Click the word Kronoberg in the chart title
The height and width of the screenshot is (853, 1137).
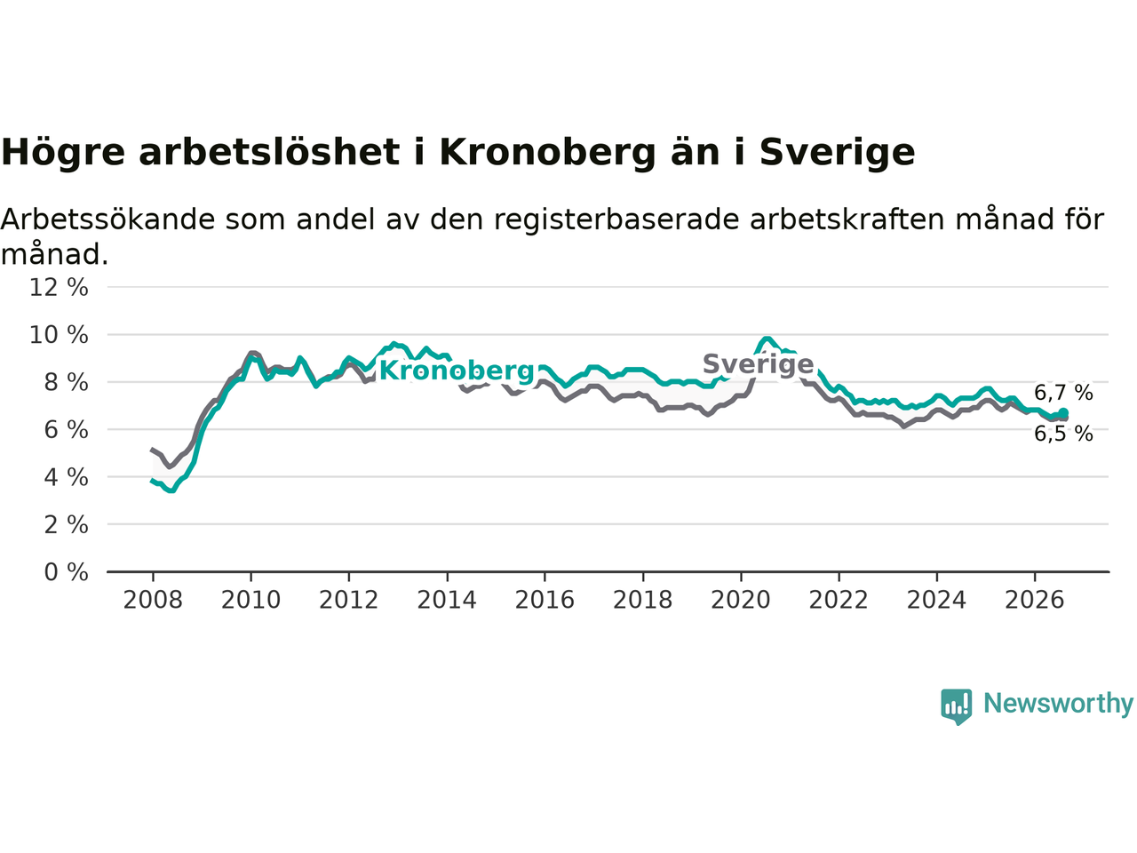pyautogui.click(x=547, y=154)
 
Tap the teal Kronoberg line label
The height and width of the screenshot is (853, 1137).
pyautogui.click(x=457, y=371)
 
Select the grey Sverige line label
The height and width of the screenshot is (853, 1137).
pyautogui.click(x=758, y=363)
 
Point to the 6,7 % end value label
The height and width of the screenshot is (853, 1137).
pyautogui.click(x=1063, y=393)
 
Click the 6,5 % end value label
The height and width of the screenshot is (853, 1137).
pyautogui.click(x=1063, y=434)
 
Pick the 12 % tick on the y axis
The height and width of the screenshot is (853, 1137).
pyautogui.click(x=59, y=287)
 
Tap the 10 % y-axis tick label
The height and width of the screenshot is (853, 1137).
pyautogui.click(x=59, y=335)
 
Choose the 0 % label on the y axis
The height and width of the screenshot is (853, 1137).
pyautogui.click(x=67, y=572)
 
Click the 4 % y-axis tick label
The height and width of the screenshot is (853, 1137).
pyautogui.click(x=67, y=477)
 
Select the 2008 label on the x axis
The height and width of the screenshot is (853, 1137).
pyautogui.click(x=153, y=601)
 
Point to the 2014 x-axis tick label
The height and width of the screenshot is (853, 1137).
pyautogui.click(x=447, y=601)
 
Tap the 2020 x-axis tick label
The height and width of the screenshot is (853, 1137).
pyautogui.click(x=741, y=601)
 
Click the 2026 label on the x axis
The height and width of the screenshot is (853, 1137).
pyautogui.click(x=1035, y=601)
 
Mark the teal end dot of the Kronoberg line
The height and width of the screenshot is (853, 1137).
pyautogui.click(x=1063, y=413)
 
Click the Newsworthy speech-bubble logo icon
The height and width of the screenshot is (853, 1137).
pyautogui.click(x=956, y=706)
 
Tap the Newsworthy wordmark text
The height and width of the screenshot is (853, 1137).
pyautogui.click(x=1058, y=704)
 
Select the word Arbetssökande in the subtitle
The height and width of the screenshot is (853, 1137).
pyautogui.click(x=107, y=219)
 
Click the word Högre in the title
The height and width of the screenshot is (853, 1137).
pyautogui.click(x=63, y=154)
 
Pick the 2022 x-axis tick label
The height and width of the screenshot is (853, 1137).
pyautogui.click(x=839, y=601)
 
